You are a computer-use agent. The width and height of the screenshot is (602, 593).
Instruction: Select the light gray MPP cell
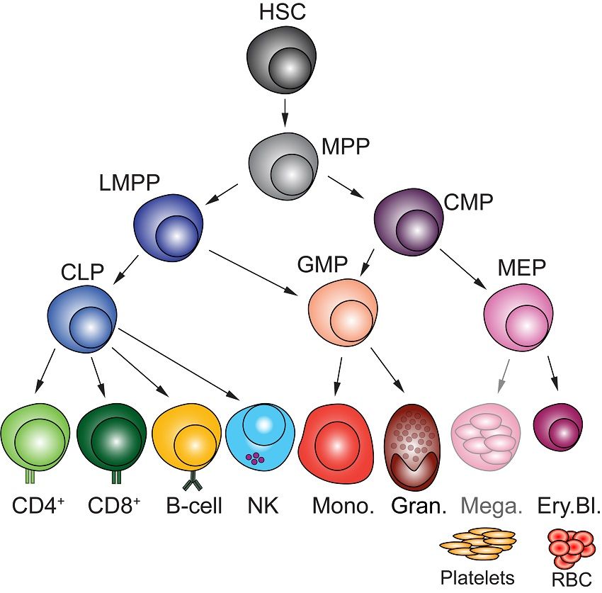pyautogui.click(x=282, y=162)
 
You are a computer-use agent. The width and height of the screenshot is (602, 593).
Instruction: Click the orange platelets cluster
pyautogui.click(x=478, y=543)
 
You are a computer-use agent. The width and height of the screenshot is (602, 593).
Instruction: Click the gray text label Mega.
pyautogui.click(x=489, y=507)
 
